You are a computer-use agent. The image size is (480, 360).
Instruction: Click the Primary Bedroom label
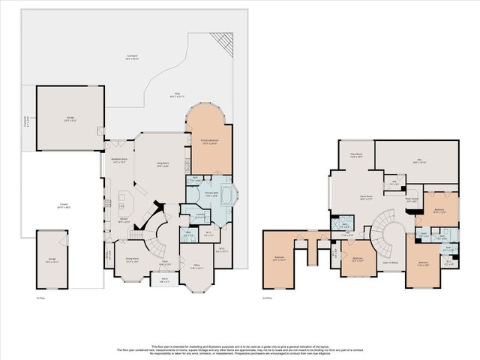tap(208, 142)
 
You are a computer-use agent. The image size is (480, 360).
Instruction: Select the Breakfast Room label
tap(119, 160)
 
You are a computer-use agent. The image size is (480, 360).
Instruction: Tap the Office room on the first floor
tap(197, 265)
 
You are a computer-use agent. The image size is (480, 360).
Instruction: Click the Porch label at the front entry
tap(164, 281)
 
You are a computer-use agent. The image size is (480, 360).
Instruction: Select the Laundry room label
tap(201, 215)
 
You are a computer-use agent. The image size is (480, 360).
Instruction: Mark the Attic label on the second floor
tap(418, 160)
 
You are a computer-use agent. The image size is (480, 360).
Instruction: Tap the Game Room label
tap(366, 199)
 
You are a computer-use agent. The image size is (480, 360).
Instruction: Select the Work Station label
tap(412, 200)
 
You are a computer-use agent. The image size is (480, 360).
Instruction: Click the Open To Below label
tap(390, 262)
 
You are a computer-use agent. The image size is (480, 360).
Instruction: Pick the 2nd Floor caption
tap(268, 298)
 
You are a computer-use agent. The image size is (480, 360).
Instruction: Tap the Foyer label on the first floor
tap(164, 264)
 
